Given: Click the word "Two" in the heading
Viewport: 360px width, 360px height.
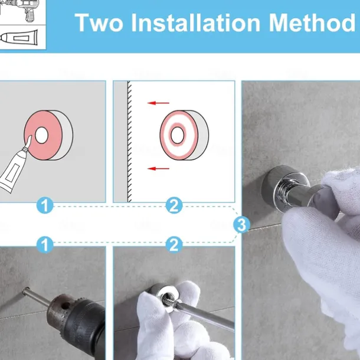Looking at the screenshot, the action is tap(99, 22).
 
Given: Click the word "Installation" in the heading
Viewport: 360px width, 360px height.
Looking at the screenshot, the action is tap(195, 22).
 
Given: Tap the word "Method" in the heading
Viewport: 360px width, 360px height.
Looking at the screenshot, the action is tap(312, 22).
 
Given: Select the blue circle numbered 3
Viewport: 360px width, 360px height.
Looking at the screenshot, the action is tap(241, 225).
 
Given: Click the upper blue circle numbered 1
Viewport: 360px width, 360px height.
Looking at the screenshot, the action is tap(45, 205).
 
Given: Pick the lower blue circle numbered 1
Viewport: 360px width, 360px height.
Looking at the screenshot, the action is tap(45, 244).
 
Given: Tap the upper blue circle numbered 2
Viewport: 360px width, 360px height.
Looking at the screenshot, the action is tap(174, 205).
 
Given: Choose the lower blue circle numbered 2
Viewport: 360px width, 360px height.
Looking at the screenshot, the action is tap(174, 244).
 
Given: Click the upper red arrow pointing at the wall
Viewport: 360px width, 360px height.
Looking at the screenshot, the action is tap(158, 103).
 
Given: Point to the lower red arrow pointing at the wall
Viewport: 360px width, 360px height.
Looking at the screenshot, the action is tap(158, 169).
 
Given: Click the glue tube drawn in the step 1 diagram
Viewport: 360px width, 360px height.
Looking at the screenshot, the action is tap(14, 168).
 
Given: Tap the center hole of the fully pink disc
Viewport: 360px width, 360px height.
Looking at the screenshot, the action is tap(41, 136).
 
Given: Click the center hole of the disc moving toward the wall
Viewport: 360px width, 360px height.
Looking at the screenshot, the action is tap(177, 135).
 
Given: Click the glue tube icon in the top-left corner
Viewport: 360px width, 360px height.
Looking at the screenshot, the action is tap(19, 37).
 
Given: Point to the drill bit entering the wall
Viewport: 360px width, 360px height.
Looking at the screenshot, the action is tap(37, 297).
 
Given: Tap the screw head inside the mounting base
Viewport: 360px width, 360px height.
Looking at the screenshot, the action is tap(167, 298).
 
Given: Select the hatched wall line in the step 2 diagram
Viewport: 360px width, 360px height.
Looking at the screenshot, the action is tap(129, 142).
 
